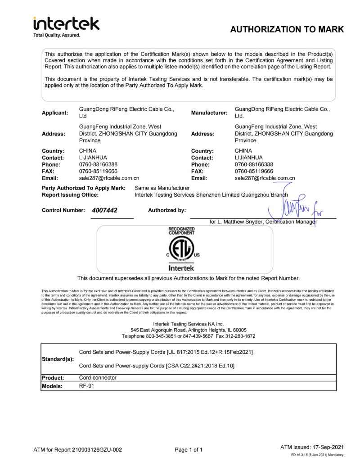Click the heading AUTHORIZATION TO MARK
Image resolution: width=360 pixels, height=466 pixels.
[x=287, y=30]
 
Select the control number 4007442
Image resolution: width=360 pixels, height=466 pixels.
[x=105, y=210]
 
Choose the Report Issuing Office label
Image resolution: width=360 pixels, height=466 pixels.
[x=70, y=195]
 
